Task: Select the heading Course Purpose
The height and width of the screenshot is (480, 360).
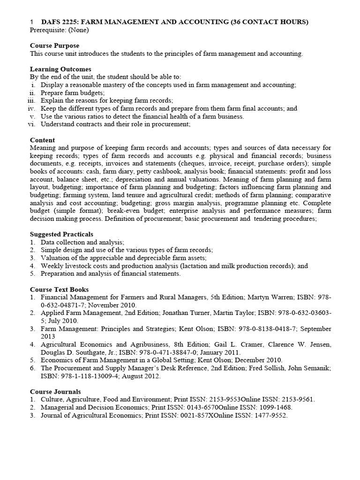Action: point(54,46)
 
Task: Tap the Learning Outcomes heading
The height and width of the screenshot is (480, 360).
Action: point(60,69)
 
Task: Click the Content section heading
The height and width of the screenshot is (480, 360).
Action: point(42,140)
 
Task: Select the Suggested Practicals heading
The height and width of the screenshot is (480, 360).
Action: point(61,234)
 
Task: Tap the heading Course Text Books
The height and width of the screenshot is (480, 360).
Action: point(59,289)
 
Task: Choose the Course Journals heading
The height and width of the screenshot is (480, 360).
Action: point(55,391)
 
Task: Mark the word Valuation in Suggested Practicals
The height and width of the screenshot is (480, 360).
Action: point(56,258)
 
